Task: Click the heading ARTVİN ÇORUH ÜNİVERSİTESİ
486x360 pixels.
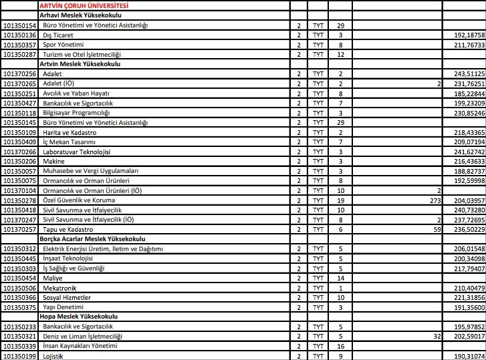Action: pyautogui.click(x=84, y=5)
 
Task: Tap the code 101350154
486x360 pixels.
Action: pyautogui.click(x=19, y=25)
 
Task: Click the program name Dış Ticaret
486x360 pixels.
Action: pyautogui.click(x=57, y=35)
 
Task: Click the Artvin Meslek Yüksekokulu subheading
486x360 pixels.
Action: pyautogui.click(x=80, y=63)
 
